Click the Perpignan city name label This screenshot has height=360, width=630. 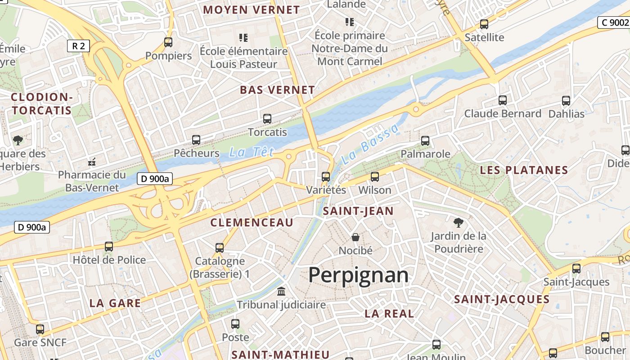tap(358, 274)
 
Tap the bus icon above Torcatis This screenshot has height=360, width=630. tap(267, 119)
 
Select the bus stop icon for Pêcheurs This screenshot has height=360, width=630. tap(196, 140)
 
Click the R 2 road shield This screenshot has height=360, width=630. tap(78, 45)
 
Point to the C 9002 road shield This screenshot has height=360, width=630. tap(613, 22)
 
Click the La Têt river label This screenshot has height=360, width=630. tap(251, 152)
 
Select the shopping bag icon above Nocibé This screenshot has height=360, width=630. tap(355, 237)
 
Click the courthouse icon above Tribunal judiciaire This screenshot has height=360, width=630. tap(281, 292)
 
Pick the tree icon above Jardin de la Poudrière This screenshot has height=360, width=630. tap(458, 222)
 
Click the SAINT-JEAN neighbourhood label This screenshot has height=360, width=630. tap(358, 211)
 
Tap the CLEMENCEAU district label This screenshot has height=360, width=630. tap(252, 222)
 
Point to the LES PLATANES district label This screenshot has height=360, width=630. tap(524, 170)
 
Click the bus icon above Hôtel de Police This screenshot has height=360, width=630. tap(109, 247)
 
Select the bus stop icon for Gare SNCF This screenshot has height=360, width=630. tap(40, 329)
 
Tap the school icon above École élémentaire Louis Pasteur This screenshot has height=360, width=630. tap(243, 38)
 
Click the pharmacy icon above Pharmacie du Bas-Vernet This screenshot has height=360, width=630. tap(92, 161)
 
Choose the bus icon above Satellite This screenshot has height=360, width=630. tap(484, 24)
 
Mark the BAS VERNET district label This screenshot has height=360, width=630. tap(277, 90)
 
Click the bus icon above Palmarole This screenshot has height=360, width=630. tap(425, 141)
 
